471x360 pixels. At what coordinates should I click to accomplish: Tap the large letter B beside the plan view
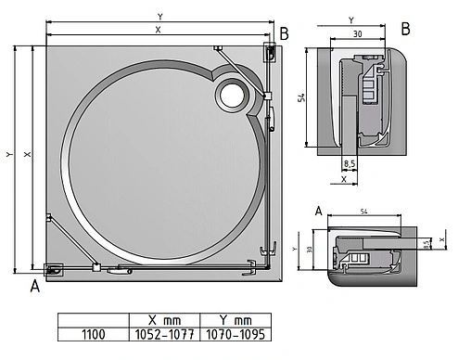point(284,34)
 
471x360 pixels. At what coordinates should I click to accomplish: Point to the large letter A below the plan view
point(35,286)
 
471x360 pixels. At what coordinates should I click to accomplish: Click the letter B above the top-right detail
point(406,28)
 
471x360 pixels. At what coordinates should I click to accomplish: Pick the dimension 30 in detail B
point(356,34)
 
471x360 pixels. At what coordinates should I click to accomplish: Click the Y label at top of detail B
point(350,19)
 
